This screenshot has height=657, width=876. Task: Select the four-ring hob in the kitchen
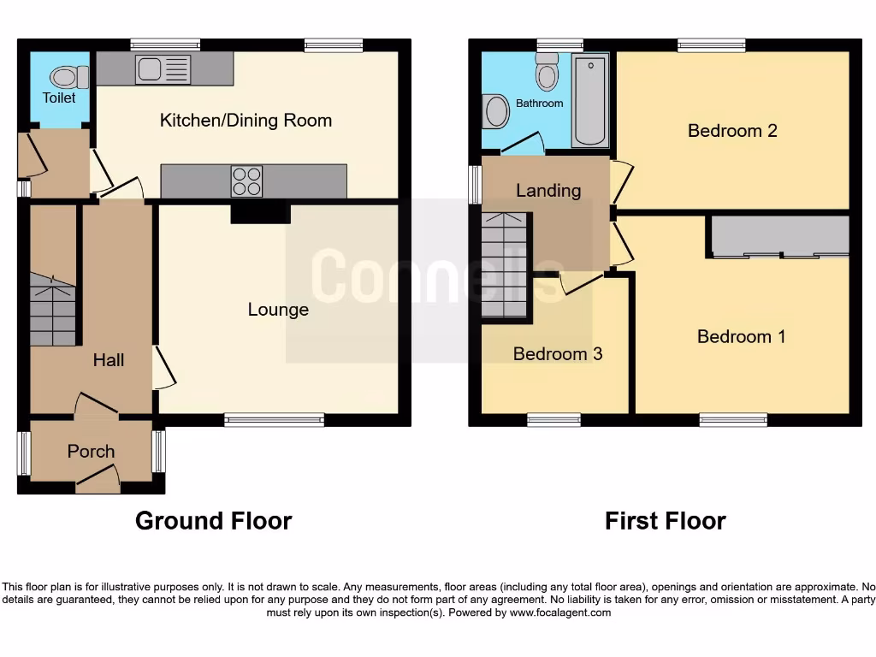click(246, 181)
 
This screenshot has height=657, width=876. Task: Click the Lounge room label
click(278, 310)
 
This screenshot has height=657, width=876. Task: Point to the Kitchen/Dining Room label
click(246, 121)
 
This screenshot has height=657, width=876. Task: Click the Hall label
click(109, 360)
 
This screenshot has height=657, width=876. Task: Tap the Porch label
click(91, 451)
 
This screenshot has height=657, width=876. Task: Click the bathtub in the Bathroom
click(590, 101)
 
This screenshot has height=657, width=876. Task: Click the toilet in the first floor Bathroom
click(547, 74)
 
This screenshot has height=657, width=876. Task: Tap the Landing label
click(548, 190)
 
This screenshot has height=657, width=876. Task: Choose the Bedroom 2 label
click(732, 131)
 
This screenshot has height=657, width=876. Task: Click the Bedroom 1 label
click(741, 336)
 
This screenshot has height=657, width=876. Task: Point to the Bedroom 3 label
click(558, 353)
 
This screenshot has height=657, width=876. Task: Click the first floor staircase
click(505, 265)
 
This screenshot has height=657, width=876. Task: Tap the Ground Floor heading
click(214, 520)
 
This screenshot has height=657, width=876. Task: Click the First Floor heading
click(665, 520)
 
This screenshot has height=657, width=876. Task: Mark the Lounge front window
click(275, 419)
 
